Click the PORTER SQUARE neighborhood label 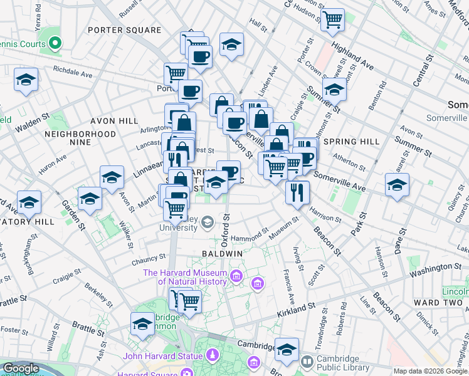[124, 30]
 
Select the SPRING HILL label [352, 142]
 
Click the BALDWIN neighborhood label [222, 253]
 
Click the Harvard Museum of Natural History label [185, 277]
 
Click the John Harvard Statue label [162, 357]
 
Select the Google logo [21, 368]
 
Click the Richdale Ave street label [72, 72]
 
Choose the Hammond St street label [249, 239]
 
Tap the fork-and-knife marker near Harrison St [297, 191]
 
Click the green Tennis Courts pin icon [55, 44]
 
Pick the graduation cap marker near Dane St [397, 185]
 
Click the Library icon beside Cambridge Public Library [307, 362]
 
